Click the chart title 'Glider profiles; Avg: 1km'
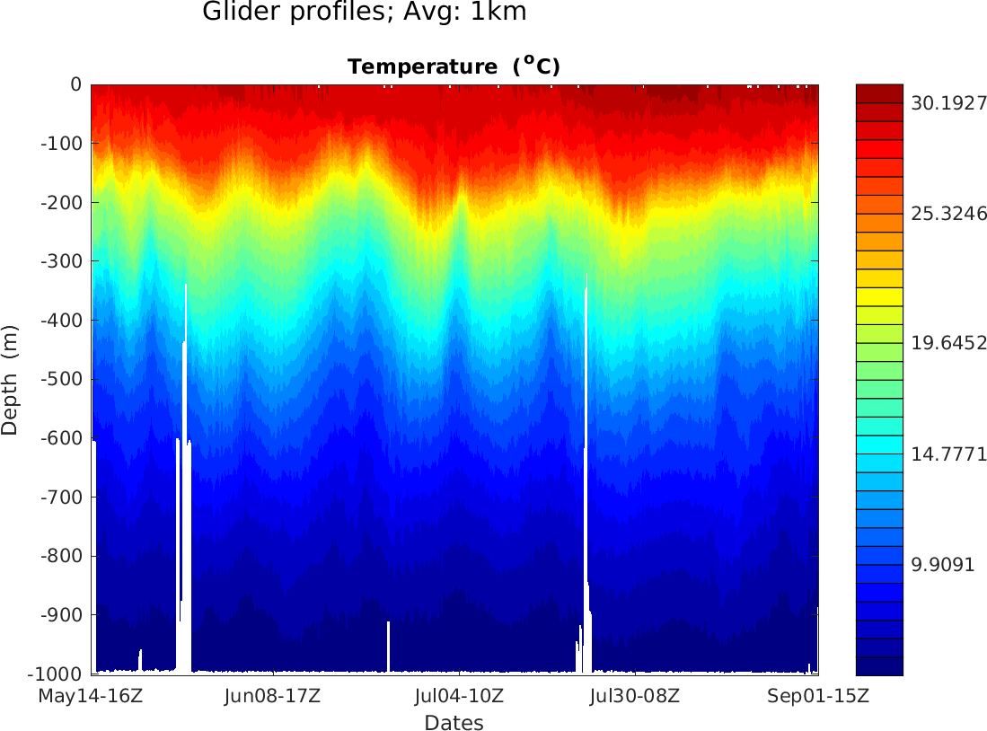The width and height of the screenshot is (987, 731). tap(364, 13)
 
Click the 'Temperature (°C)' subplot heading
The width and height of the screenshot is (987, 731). tap(454, 66)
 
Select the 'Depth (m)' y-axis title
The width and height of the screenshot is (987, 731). tap(10, 379)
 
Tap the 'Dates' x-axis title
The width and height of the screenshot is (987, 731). tap(454, 723)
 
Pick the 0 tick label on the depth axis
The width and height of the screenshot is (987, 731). tap(75, 84)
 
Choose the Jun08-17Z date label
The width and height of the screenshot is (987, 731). tap(272, 696)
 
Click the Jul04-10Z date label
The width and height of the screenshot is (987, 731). tap(460, 696)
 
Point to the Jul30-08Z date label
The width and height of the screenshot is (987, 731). tap(634, 696)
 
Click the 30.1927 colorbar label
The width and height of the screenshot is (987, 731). tap(948, 103)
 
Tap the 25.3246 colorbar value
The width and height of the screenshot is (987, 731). tap(948, 214)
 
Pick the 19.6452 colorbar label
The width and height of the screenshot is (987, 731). tap(948, 343)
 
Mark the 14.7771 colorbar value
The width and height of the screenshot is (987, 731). tap(948, 454)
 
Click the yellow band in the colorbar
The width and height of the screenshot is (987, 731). tap(879, 296)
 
